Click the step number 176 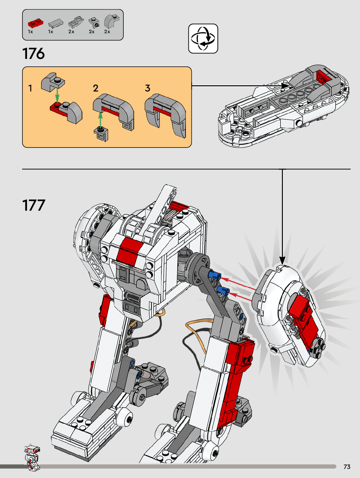(34, 54)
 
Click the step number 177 (34, 205)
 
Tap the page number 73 (347, 467)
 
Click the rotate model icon (203, 38)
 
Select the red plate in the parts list (35, 23)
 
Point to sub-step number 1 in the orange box (30, 88)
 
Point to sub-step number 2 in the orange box (96, 88)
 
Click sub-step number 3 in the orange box (148, 88)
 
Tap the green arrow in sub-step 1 (57, 95)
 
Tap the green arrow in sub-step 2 (101, 120)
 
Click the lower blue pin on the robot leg (223, 291)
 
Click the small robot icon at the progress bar (32, 457)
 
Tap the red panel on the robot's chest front (130, 251)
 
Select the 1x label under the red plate (30, 32)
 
